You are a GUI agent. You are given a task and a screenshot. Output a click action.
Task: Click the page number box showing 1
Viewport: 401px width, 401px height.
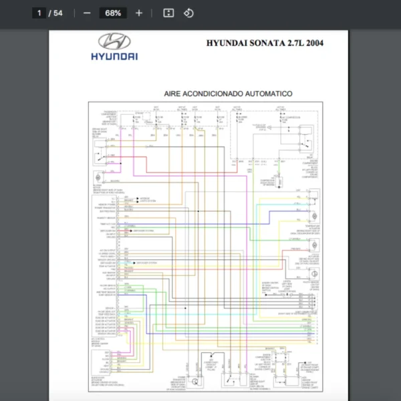tap(40, 13)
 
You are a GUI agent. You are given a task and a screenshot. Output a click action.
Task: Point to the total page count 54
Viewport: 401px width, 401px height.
tap(58, 13)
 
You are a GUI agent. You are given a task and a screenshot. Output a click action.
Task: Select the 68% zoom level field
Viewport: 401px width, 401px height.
tap(113, 13)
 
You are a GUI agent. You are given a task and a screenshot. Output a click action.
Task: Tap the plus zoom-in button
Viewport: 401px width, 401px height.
tap(139, 13)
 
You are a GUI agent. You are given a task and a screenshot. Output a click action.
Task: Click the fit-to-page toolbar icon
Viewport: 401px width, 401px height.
tap(169, 13)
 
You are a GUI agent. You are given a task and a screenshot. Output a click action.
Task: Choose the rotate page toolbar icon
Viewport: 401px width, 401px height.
tap(188, 13)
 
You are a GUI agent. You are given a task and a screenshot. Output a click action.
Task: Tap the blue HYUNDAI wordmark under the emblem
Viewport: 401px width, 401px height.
tap(114, 57)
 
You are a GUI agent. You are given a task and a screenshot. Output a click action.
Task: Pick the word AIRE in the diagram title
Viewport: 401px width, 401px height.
tap(175, 94)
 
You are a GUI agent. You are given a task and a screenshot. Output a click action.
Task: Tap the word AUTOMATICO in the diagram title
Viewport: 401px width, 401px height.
tap(270, 94)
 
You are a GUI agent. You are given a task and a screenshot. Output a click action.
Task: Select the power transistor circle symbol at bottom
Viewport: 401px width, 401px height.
tap(194, 382)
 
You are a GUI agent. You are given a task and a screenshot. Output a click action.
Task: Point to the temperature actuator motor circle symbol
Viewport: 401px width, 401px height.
tap(311, 201)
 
